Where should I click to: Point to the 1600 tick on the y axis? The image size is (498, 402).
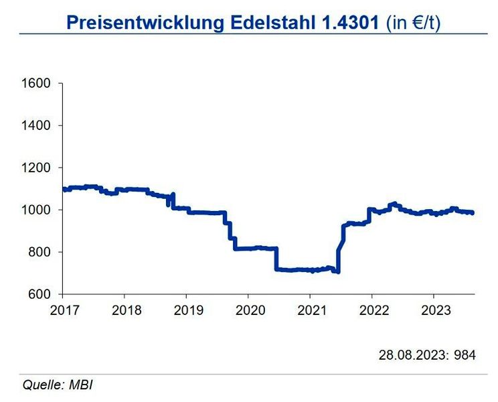37,84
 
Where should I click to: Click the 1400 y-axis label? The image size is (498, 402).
37,126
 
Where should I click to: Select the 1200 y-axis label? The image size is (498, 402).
37,168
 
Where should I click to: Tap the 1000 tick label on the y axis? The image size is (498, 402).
37,210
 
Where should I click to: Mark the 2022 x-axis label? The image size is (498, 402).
371,310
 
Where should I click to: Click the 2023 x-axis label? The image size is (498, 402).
433,310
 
